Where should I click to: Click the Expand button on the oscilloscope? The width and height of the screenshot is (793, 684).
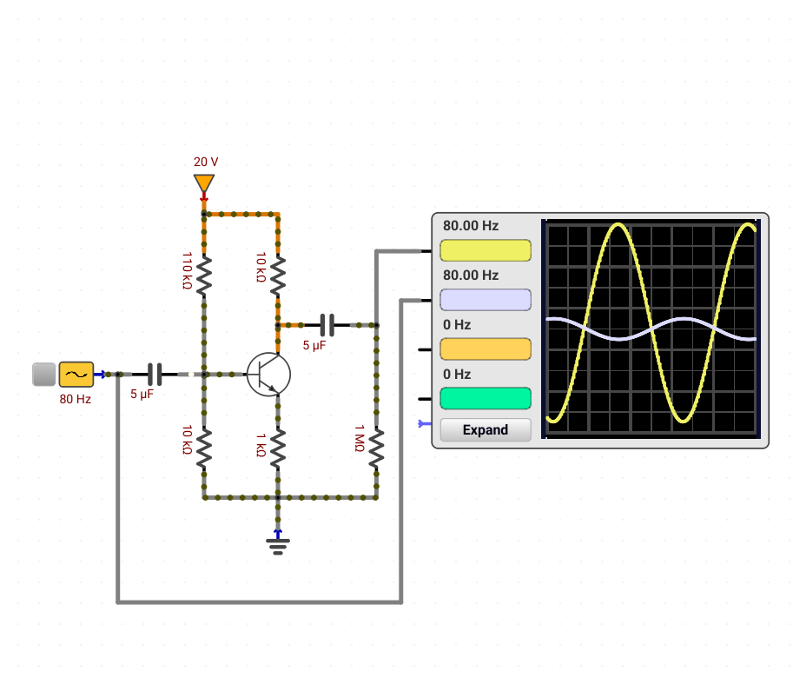pyautogui.click(x=486, y=429)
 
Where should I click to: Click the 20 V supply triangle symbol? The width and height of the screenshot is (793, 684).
pyautogui.click(x=204, y=183)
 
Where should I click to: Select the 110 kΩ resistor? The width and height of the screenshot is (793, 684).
pyautogui.click(x=204, y=276)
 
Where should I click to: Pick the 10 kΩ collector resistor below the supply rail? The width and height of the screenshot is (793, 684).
pyautogui.click(x=278, y=276)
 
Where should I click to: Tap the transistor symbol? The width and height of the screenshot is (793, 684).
pyautogui.click(x=268, y=375)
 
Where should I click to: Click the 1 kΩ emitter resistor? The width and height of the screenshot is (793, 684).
pyautogui.click(x=278, y=448)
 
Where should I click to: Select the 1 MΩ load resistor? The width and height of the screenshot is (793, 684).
pyautogui.click(x=376, y=448)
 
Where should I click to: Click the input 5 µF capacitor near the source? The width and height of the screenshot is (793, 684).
pyautogui.click(x=155, y=375)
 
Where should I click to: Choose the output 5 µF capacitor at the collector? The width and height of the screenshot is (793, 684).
pyautogui.click(x=327, y=325)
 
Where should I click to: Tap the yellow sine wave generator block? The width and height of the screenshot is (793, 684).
pyautogui.click(x=76, y=375)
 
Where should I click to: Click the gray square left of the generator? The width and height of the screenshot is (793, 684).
pyautogui.click(x=44, y=375)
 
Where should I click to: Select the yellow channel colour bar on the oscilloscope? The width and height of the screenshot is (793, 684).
pyautogui.click(x=486, y=250)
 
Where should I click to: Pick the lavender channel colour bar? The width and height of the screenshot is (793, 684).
pyautogui.click(x=486, y=300)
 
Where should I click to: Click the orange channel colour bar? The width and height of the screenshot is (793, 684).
pyautogui.click(x=486, y=349)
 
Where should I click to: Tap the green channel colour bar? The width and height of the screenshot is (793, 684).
pyautogui.click(x=486, y=399)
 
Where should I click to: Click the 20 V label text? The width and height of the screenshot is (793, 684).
pyautogui.click(x=206, y=162)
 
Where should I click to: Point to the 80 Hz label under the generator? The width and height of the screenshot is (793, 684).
pyautogui.click(x=76, y=399)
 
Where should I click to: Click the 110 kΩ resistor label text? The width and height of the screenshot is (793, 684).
pyautogui.click(x=187, y=270)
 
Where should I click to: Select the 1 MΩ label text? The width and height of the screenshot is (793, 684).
pyautogui.click(x=360, y=438)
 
